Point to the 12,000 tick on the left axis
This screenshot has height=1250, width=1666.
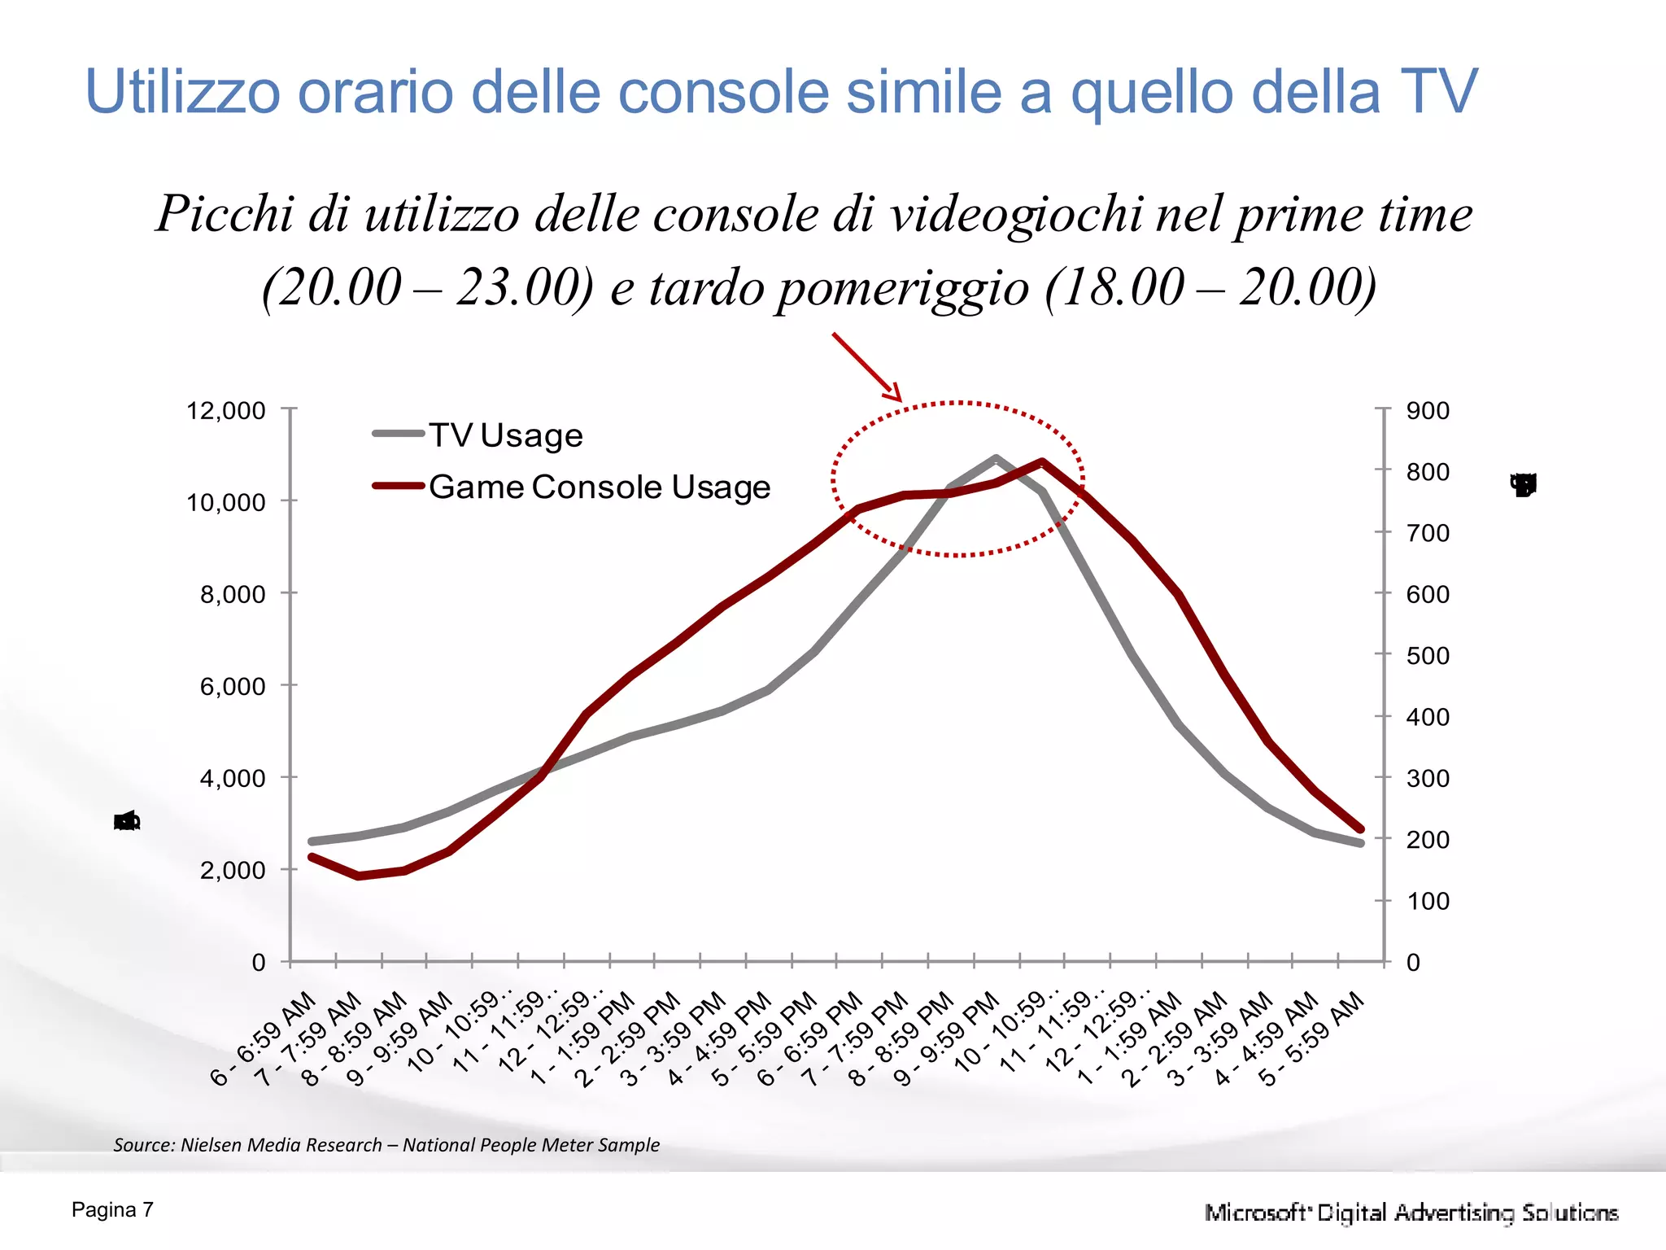point(226,410)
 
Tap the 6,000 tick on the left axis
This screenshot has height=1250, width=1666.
point(233,686)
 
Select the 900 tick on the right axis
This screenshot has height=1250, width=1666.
point(1428,410)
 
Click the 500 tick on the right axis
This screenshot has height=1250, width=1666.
point(1428,655)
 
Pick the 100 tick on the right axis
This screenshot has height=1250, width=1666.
point(1428,901)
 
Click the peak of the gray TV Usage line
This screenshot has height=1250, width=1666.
point(996,458)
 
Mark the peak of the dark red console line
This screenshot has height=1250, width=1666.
point(1042,461)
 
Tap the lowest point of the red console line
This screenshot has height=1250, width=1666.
point(359,876)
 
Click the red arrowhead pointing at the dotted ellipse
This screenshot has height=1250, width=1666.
point(895,395)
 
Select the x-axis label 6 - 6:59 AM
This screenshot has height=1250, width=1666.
point(264,1039)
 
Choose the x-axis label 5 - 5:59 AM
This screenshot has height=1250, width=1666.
point(1311,1039)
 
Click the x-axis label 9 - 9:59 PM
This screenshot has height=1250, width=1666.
point(947,1039)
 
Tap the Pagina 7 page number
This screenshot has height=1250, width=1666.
point(112,1210)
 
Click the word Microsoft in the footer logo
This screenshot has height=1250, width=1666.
point(1257,1213)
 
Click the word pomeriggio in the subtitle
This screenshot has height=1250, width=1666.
point(903,288)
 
